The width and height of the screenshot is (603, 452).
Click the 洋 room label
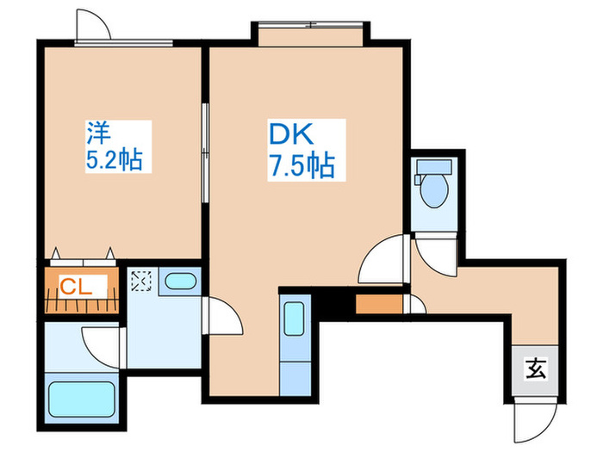(x=96, y=133)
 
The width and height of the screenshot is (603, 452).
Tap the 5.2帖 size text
(x=114, y=159)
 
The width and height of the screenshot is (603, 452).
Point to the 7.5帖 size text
(x=301, y=164)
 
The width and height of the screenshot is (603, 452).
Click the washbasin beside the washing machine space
(x=179, y=281)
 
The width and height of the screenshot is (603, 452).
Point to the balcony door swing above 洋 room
(x=93, y=26)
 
